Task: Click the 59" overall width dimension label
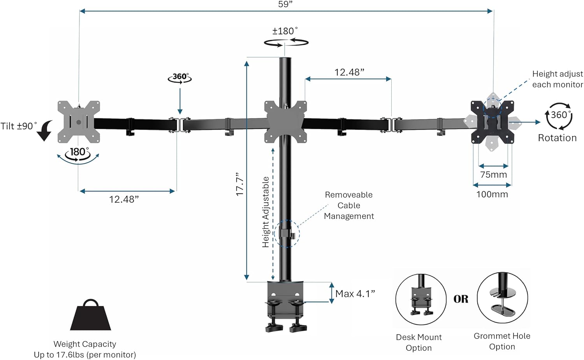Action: click(285, 4)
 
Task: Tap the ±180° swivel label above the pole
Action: click(285, 31)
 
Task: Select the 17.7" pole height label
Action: click(240, 184)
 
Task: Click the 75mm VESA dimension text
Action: click(493, 175)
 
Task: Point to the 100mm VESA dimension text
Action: click(492, 194)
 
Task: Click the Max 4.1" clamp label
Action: click(355, 294)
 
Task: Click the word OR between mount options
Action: click(461, 299)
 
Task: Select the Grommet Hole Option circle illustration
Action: click(502, 298)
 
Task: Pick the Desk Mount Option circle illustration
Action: click(420, 299)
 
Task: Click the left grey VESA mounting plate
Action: click(79, 122)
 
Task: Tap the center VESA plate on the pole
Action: click(285, 122)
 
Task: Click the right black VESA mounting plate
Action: click(492, 122)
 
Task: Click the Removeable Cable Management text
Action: click(349, 205)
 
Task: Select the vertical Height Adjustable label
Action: click(266, 212)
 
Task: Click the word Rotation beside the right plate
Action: click(557, 138)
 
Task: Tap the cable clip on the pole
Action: click(287, 234)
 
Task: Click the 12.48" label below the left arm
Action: click(124, 199)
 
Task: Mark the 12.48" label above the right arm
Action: click(349, 72)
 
